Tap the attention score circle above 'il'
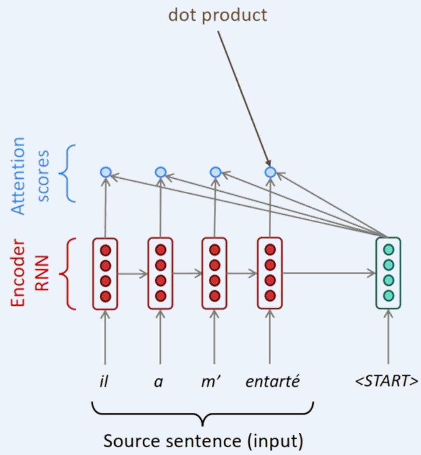coord(106,171)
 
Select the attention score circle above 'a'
coord(161,171)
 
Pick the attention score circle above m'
coord(216,171)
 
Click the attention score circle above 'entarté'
coord(270,171)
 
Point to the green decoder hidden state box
coord(388,273)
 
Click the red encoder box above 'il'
coord(105,273)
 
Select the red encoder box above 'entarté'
coord(270,273)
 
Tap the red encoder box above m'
coord(215,273)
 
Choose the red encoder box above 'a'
coord(161,273)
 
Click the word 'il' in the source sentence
coord(105,382)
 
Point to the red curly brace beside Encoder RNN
coord(68,273)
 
